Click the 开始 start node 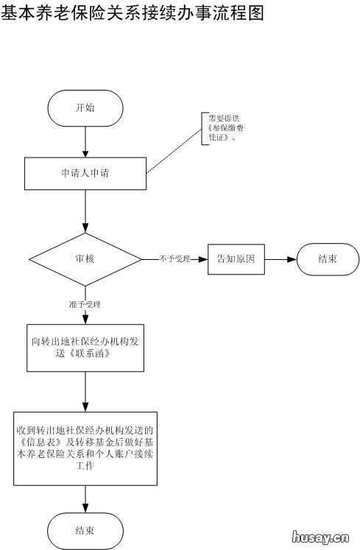85,107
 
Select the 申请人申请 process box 85,174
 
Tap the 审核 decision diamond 85,259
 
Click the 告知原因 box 236,259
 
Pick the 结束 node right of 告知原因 328,259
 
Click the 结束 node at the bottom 85,530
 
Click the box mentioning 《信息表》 85,448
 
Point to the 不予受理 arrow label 174,259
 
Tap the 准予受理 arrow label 85,304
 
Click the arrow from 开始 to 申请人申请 85,141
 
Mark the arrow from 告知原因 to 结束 280,259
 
